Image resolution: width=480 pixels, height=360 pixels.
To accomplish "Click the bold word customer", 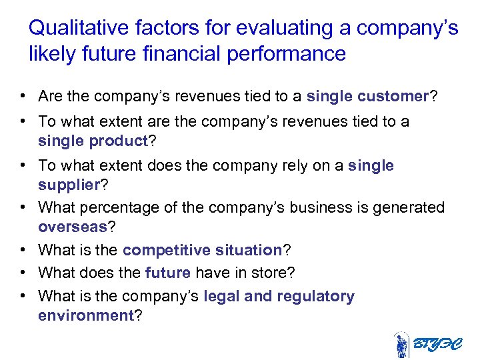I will click(x=393, y=97).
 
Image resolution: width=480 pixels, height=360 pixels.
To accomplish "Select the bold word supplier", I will click(x=67, y=183).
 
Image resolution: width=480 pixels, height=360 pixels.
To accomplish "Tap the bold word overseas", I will click(x=73, y=227).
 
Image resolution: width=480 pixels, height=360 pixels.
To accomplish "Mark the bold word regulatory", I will click(x=315, y=296).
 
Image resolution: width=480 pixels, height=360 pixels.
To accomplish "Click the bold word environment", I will click(x=86, y=315).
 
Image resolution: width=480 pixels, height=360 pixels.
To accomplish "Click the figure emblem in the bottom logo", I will click(x=401, y=345).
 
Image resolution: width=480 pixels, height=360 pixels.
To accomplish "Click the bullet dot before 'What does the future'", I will click(x=23, y=273).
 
